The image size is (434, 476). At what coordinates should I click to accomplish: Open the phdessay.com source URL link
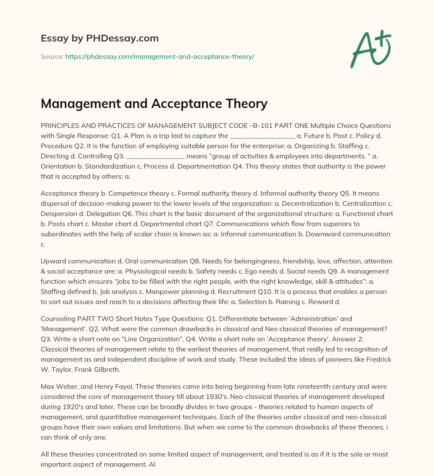(159, 56)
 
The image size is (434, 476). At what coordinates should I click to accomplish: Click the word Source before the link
(52, 56)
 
